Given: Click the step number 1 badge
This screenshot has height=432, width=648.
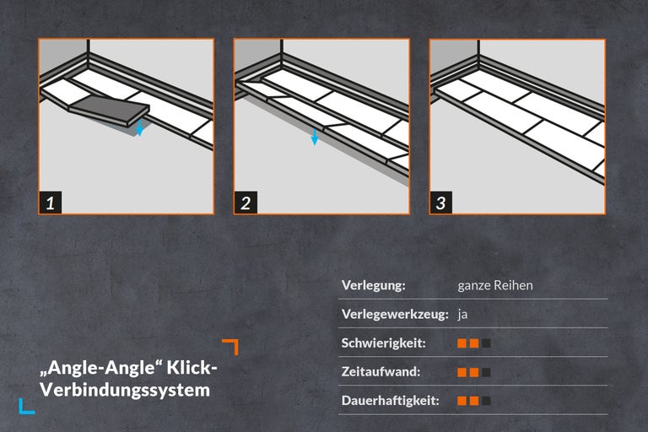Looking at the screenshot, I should click(51, 202).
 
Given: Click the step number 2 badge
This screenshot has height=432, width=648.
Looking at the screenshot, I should click(246, 202).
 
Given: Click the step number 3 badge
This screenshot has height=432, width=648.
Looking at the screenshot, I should click(441, 202).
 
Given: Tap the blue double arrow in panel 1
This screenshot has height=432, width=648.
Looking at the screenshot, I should click(140, 127).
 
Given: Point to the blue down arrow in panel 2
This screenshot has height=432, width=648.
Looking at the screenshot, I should click(314, 137).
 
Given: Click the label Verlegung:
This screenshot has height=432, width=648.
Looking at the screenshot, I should click(373, 285).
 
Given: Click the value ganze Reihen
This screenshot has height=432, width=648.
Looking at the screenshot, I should click(495, 285).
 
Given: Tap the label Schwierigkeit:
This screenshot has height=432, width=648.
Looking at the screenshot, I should click(383, 343).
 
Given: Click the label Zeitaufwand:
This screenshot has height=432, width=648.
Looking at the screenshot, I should click(381, 372).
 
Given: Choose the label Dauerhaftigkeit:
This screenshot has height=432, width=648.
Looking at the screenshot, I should click(391, 401).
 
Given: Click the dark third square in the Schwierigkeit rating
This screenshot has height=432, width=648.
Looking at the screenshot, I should click(486, 343).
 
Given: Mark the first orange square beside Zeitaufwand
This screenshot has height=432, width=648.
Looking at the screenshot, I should click(462, 372).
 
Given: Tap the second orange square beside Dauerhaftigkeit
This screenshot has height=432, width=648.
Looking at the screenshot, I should click(474, 401).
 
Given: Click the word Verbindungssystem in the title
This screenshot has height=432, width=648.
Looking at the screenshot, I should click(125, 391).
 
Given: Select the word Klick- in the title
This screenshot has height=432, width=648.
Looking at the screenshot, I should click(192, 369).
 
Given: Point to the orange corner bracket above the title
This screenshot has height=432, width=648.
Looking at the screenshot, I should click(230, 346).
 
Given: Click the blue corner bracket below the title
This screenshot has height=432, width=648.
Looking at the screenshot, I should click(26, 406).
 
